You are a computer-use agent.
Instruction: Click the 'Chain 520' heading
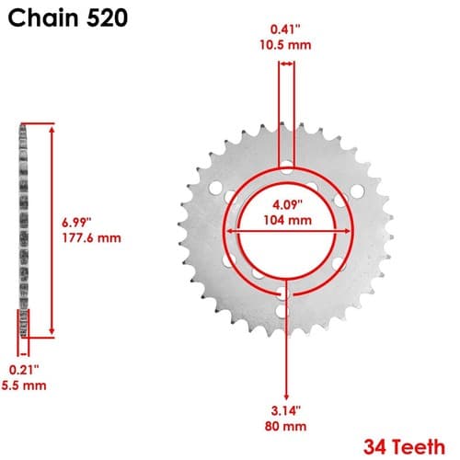click(68, 17)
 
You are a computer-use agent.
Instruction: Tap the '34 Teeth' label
click(404, 447)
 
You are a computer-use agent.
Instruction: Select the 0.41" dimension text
click(285, 29)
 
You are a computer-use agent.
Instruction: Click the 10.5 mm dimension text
click(285, 45)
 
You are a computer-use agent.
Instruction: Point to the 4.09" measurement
click(288, 205)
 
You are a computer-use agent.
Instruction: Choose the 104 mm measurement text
click(288, 220)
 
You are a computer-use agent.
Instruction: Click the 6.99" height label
click(76, 223)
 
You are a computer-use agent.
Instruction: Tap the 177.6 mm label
click(92, 238)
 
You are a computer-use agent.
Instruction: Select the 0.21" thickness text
click(24, 370)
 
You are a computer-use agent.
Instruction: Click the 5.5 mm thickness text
click(24, 385)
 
